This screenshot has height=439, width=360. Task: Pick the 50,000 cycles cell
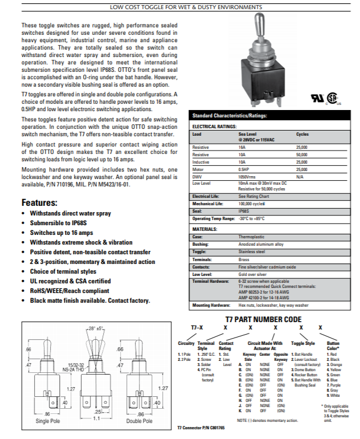click(x=302, y=155)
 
